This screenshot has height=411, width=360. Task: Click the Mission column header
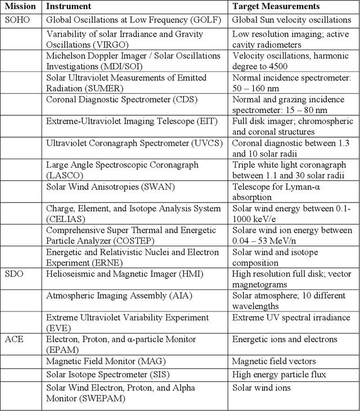pos(20,7)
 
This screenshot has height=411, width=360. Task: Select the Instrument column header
pos(69,7)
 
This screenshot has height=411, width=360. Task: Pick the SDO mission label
pos(15,274)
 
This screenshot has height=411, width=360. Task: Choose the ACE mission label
pos(15,339)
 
